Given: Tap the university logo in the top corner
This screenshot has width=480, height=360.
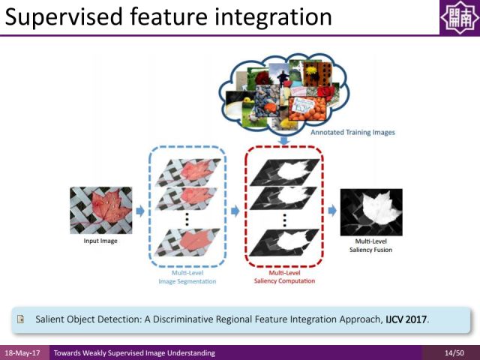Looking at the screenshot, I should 458,18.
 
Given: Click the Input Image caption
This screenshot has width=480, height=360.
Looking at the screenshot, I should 100,241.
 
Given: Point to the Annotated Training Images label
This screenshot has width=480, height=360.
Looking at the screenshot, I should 352,132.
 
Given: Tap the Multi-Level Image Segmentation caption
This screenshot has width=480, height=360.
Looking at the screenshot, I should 187,277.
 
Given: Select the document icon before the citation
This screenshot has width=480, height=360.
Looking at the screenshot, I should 22,319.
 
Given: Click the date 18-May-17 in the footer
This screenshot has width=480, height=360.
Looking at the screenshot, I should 24,352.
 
